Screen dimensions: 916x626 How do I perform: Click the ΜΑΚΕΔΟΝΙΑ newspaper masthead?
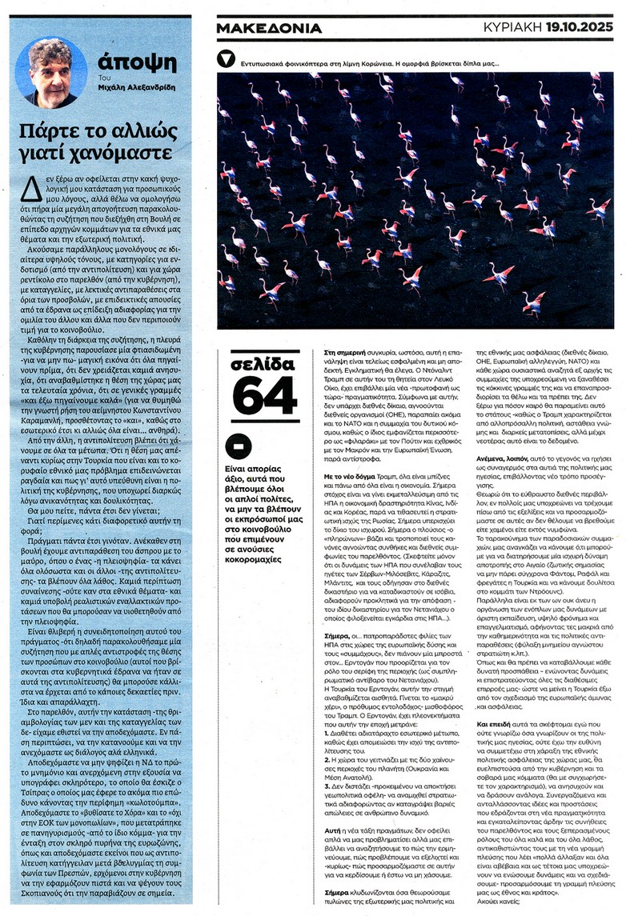point(269,29)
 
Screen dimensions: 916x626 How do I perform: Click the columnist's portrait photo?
point(50,73)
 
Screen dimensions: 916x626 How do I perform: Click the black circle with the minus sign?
point(239,446)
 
